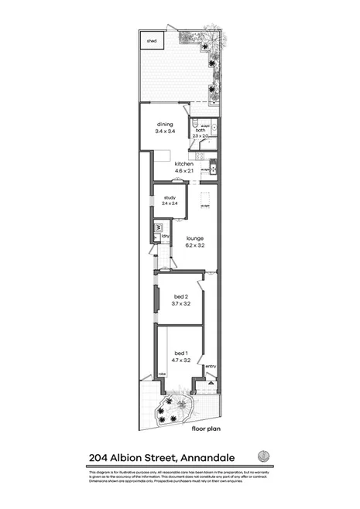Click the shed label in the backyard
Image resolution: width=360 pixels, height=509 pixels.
152,42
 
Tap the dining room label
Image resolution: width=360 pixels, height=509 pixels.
165,125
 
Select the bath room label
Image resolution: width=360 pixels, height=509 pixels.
200,131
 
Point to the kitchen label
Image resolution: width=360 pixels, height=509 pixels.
183,164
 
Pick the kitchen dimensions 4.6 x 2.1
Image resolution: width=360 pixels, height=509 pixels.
183,171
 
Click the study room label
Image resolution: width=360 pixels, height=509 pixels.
170,198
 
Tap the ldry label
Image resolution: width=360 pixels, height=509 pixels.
166,235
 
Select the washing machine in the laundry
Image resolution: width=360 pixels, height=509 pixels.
157,228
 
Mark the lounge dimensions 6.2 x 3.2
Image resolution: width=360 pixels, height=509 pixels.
194,245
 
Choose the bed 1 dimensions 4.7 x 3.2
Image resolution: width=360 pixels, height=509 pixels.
181,360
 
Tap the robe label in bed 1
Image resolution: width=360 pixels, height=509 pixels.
163,374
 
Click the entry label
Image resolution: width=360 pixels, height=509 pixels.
211,366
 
